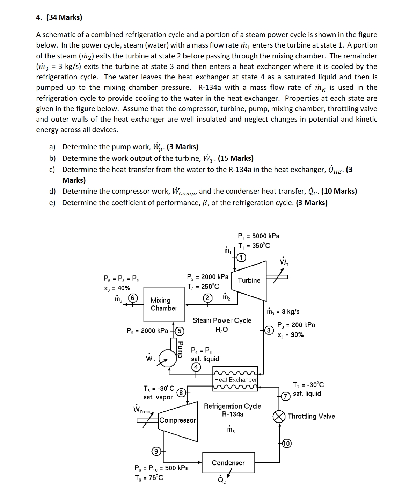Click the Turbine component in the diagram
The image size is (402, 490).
point(249,280)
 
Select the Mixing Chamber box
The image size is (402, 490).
point(164,304)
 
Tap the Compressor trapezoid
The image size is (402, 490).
point(177,420)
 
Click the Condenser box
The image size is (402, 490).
point(228,463)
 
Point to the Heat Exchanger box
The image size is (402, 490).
point(235,380)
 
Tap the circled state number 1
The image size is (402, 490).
point(241,258)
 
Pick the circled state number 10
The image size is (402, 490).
point(286,444)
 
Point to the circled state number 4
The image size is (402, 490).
point(196,367)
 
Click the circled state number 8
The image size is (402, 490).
point(181,392)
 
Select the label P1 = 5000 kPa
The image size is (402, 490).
point(258,236)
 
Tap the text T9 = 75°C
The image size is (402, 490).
point(149,477)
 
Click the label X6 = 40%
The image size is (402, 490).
point(117,288)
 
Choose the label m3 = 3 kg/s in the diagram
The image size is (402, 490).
point(283,311)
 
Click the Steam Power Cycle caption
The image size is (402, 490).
point(222,320)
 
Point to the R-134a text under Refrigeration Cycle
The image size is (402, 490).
point(232,414)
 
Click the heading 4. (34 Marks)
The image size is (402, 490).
point(59,17)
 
